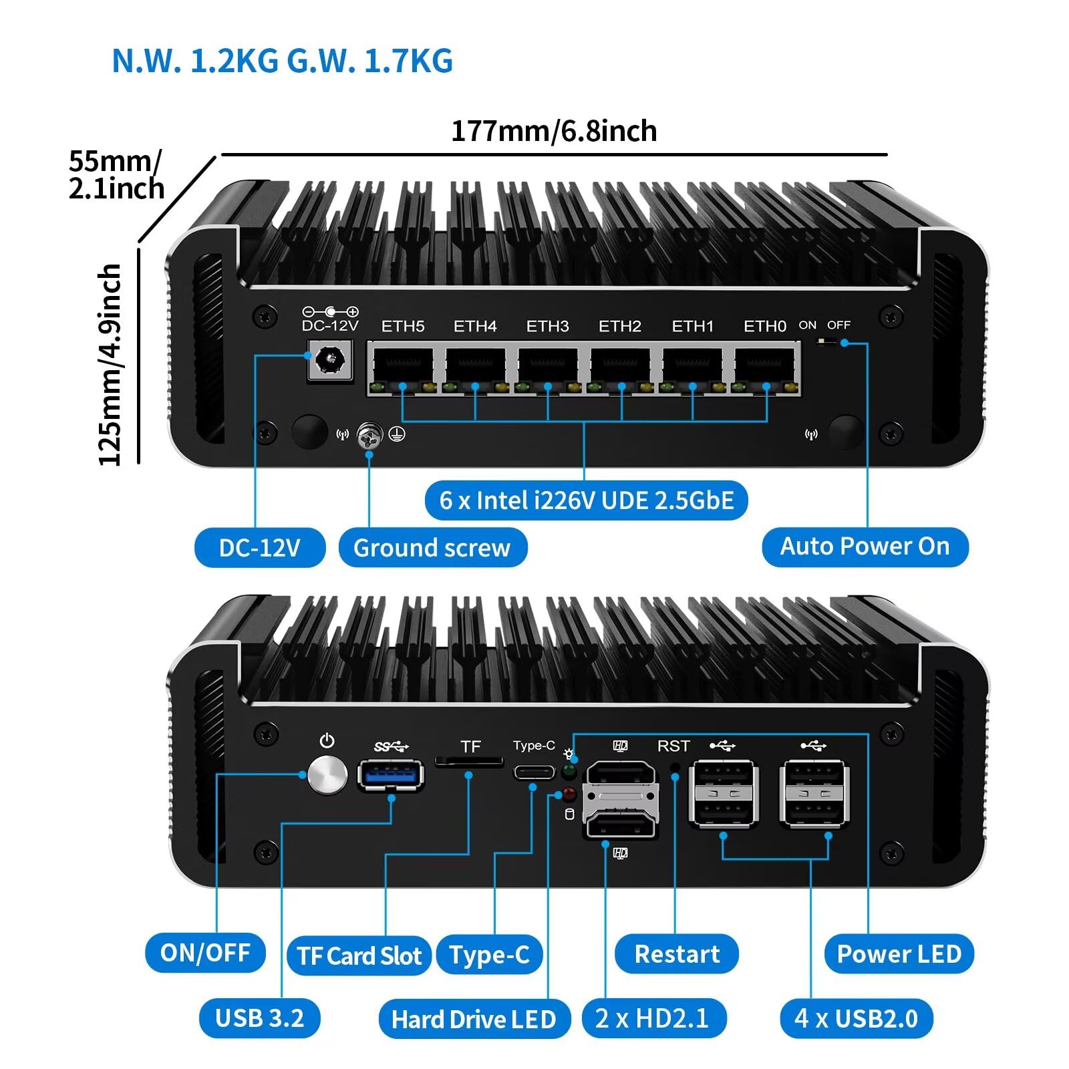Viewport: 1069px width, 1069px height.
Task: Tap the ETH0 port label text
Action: pos(764,326)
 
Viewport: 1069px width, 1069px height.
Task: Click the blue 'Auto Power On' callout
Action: pos(865,547)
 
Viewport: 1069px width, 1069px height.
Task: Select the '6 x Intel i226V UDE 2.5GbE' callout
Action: pos(586,500)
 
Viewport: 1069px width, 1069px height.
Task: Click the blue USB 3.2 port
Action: pos(391,775)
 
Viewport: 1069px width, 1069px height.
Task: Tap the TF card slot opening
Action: pos(469,761)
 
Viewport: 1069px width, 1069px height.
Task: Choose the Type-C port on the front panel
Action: pos(534,773)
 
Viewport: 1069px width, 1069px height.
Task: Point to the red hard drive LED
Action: pos(569,794)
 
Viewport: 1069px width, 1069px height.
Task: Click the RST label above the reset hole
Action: pos(673,746)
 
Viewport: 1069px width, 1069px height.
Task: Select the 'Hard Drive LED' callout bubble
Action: pos(474,1019)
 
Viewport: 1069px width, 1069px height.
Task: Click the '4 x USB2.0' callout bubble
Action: pos(856,1018)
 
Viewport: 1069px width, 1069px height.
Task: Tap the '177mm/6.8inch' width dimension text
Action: pos(554,131)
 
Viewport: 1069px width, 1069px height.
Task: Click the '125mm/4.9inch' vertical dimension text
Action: pos(110,364)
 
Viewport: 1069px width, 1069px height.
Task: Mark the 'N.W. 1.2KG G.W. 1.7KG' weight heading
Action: pos(282,61)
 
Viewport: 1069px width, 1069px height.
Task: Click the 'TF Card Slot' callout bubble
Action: pos(359,955)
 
